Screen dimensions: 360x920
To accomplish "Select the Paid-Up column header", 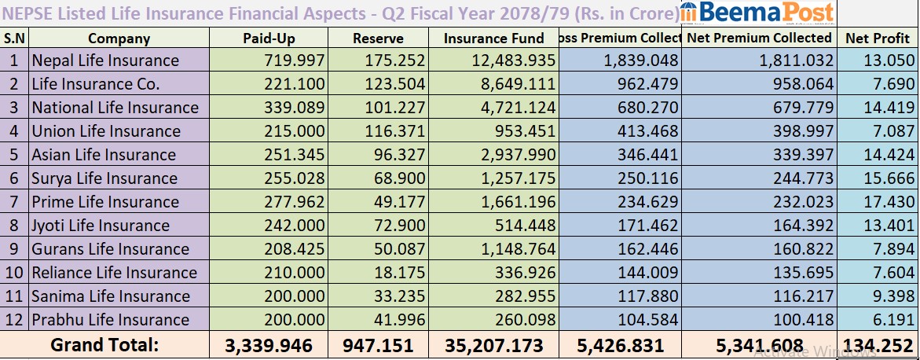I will [x=270, y=38].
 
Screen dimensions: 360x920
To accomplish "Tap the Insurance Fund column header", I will [x=493, y=38].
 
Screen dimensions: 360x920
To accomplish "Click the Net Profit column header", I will [x=877, y=38].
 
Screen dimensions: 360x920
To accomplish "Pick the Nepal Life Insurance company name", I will [x=105, y=61].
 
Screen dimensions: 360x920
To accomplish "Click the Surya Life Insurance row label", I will [x=104, y=178].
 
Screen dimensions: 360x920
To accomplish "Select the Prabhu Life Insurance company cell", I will [x=110, y=320].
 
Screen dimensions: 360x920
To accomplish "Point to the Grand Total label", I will [x=104, y=345].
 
